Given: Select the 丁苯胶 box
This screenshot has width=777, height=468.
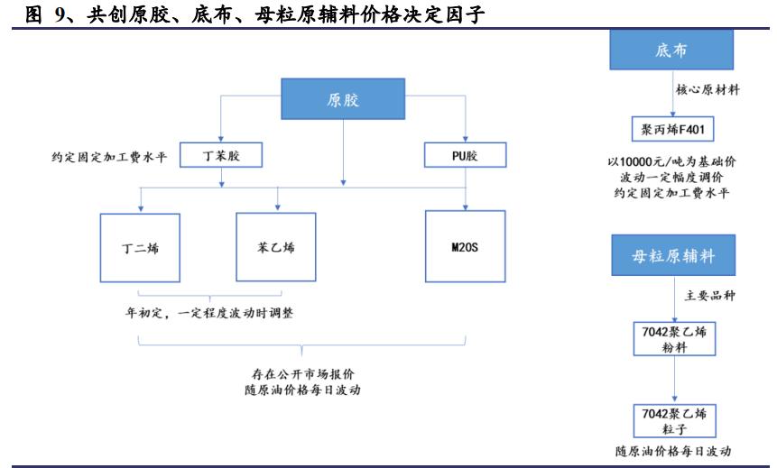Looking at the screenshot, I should [x=221, y=156].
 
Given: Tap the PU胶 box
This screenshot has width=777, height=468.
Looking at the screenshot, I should [x=464, y=156].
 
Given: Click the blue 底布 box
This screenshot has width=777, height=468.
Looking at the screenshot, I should [x=671, y=50].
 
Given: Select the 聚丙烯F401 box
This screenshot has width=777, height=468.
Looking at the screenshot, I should [x=672, y=129].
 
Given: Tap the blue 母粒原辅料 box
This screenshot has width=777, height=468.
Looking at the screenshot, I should [x=673, y=257].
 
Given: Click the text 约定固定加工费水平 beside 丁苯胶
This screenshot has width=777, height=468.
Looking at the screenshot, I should [x=109, y=156].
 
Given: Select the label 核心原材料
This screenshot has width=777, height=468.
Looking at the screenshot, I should [x=708, y=90].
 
